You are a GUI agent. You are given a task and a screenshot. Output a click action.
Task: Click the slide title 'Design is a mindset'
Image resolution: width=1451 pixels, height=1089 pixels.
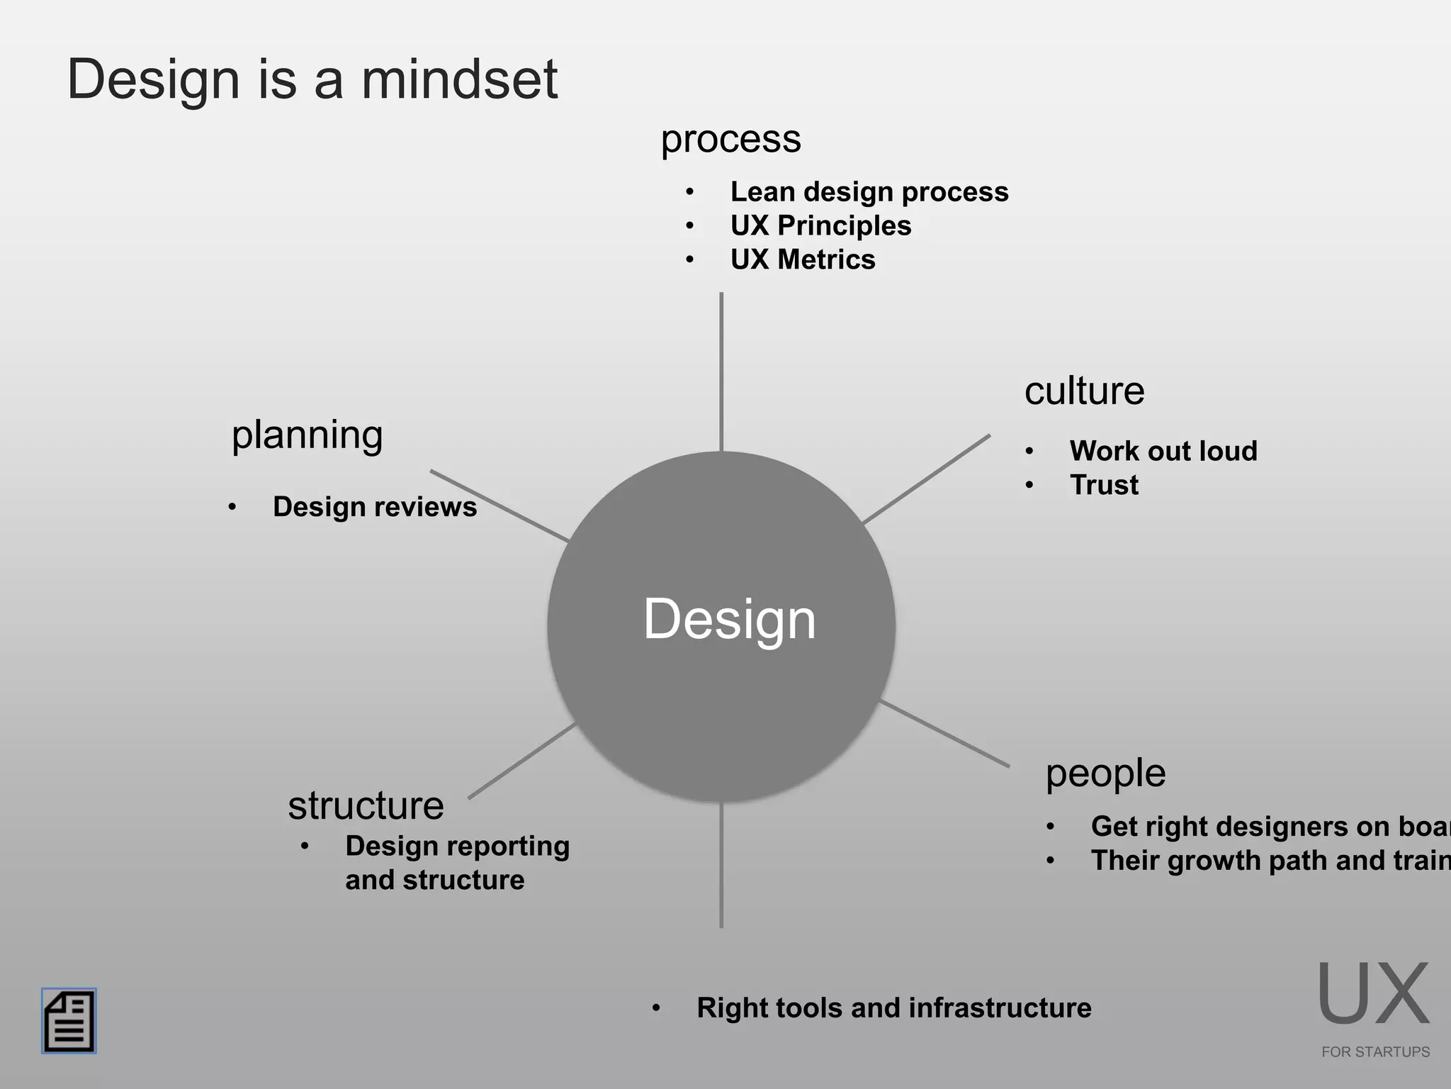pyautogui.click(x=312, y=79)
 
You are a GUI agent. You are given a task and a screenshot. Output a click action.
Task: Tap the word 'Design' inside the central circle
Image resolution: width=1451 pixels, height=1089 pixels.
pyautogui.click(x=729, y=619)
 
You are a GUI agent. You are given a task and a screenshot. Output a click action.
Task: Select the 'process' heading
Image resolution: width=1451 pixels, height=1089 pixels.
pyautogui.click(x=730, y=139)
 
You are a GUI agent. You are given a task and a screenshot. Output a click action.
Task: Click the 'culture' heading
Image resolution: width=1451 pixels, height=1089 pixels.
pyautogui.click(x=1084, y=391)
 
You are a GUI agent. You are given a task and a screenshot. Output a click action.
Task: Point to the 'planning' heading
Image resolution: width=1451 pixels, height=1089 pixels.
pyautogui.click(x=307, y=435)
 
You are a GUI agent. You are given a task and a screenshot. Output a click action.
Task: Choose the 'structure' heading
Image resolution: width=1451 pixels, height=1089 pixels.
pyautogui.click(x=366, y=805)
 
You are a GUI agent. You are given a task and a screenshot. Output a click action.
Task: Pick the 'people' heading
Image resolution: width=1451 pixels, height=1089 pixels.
pyautogui.click(x=1105, y=773)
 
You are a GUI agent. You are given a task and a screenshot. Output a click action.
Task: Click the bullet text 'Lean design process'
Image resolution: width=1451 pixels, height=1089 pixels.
pyautogui.click(x=869, y=192)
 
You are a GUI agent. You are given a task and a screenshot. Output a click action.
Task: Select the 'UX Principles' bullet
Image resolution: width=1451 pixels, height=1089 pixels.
pyautogui.click(x=820, y=226)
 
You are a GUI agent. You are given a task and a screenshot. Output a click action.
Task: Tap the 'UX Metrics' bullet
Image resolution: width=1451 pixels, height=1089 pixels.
pyautogui.click(x=803, y=260)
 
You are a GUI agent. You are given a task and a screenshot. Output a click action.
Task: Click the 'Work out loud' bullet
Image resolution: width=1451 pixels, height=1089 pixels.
pyautogui.click(x=1163, y=451)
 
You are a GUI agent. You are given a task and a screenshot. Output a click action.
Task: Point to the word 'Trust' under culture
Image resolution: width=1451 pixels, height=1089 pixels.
pyautogui.click(x=1104, y=485)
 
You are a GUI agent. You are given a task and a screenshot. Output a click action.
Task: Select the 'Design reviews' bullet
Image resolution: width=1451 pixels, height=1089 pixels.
pyautogui.click(x=375, y=507)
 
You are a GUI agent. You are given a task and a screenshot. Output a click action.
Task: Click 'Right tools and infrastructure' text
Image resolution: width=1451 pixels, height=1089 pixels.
pyautogui.click(x=893, y=1008)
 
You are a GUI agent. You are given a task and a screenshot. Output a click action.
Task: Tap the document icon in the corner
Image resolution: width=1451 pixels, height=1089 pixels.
pyautogui.click(x=69, y=1021)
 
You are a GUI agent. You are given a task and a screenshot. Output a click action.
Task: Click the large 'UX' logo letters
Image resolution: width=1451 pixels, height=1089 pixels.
pyautogui.click(x=1373, y=995)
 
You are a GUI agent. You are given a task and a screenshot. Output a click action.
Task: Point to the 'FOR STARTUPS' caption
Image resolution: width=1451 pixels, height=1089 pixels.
pyautogui.click(x=1375, y=1052)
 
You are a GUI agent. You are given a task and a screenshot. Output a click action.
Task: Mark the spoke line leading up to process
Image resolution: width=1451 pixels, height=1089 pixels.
pyautogui.click(x=721, y=372)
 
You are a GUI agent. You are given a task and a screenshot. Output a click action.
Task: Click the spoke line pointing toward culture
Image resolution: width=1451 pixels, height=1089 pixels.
pyautogui.click(x=927, y=479)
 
